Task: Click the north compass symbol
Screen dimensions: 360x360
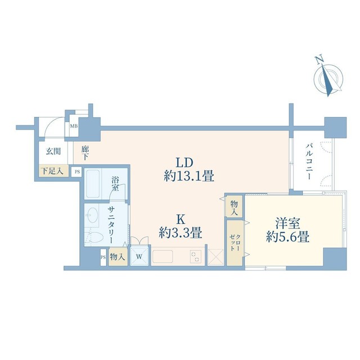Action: (x=328, y=77)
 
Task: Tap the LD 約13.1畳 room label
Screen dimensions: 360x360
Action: (x=189, y=169)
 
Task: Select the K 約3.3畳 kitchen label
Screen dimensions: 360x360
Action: (x=181, y=226)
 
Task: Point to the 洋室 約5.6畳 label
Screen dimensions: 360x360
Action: (x=287, y=230)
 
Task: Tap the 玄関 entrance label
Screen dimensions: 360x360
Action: (x=53, y=151)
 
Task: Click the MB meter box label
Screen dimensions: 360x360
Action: (x=74, y=126)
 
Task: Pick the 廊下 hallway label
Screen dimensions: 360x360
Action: (x=85, y=153)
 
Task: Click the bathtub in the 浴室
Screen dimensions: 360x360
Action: (x=93, y=184)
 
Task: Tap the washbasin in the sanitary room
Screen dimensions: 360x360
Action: (x=92, y=215)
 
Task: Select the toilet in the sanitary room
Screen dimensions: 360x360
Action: (x=94, y=237)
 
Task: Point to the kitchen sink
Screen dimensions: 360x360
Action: (x=163, y=256)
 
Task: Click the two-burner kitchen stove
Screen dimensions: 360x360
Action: (x=196, y=256)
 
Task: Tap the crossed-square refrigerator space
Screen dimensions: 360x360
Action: (x=215, y=258)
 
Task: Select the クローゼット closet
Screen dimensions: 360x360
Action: (x=235, y=243)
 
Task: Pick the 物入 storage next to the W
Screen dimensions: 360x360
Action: (x=118, y=256)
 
